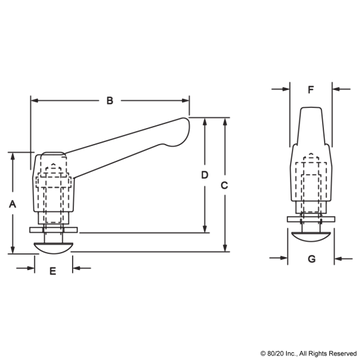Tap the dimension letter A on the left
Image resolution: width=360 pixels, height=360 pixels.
[11, 200]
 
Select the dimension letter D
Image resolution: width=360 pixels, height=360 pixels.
[203, 176]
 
